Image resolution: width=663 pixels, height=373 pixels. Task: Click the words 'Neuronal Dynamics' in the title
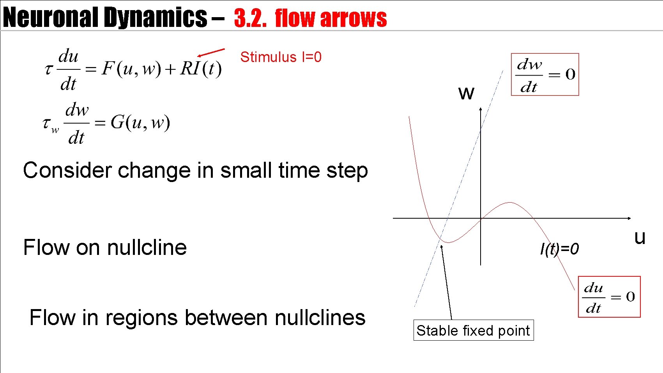[104, 18]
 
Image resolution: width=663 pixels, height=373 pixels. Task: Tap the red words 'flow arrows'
[331, 18]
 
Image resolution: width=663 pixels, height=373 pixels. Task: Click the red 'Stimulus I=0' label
[281, 57]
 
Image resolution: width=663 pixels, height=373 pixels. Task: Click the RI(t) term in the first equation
[201, 69]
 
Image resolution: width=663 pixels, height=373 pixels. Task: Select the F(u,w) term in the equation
[131, 69]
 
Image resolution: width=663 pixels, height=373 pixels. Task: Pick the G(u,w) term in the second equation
[140, 123]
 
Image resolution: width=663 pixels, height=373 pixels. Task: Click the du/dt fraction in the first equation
[69, 70]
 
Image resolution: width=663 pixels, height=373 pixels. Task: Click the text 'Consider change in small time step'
[195, 171]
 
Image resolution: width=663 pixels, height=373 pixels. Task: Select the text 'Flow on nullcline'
[105, 247]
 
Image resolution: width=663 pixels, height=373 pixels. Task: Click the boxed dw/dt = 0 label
[545, 74]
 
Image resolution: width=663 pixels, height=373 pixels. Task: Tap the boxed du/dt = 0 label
[609, 297]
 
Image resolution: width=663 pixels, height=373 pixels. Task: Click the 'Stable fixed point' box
[473, 331]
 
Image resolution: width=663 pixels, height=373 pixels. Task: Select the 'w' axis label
[466, 93]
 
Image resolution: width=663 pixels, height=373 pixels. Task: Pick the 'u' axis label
[640, 237]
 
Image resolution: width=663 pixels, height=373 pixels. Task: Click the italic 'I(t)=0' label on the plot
[559, 249]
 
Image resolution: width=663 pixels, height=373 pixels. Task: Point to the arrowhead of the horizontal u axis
[629, 218]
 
